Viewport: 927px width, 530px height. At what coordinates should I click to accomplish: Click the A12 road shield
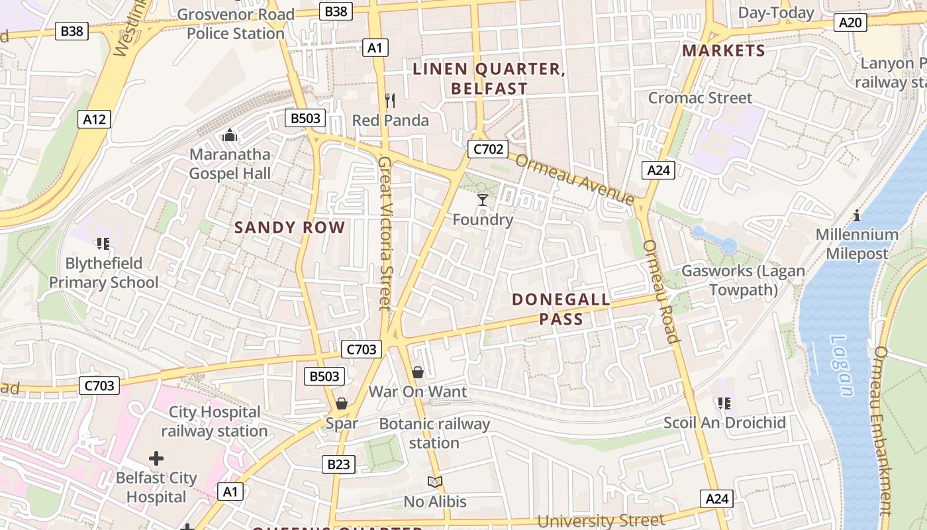(x=94, y=119)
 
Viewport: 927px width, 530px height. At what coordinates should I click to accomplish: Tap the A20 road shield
(x=850, y=23)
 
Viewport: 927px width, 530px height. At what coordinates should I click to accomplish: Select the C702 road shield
(x=488, y=149)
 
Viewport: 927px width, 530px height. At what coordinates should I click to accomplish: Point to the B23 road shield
(x=338, y=464)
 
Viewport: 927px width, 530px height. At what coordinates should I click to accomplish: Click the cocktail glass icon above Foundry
(x=483, y=199)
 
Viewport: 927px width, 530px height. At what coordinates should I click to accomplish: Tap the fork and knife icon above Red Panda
(x=390, y=101)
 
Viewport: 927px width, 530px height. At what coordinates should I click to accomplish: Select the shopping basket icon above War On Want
(x=418, y=372)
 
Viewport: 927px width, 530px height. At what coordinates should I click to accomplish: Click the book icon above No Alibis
(x=435, y=482)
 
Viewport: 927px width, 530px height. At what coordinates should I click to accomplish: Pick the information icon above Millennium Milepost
(x=857, y=215)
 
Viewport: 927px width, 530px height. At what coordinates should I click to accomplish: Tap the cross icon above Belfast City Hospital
(x=156, y=458)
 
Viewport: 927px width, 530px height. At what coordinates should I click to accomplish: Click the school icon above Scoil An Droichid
(x=724, y=403)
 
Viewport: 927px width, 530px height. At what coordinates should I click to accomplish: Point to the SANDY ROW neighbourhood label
(x=290, y=228)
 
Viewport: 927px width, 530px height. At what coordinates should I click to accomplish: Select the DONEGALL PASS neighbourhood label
(x=561, y=309)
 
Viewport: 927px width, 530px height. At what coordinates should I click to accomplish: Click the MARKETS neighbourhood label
(x=724, y=51)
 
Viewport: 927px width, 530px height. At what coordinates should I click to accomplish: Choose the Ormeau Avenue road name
(x=574, y=180)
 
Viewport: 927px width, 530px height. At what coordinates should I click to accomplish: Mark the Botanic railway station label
(x=434, y=433)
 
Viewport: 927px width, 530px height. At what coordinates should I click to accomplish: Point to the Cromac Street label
(x=700, y=98)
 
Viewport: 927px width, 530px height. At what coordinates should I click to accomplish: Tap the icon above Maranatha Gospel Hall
(x=230, y=135)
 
